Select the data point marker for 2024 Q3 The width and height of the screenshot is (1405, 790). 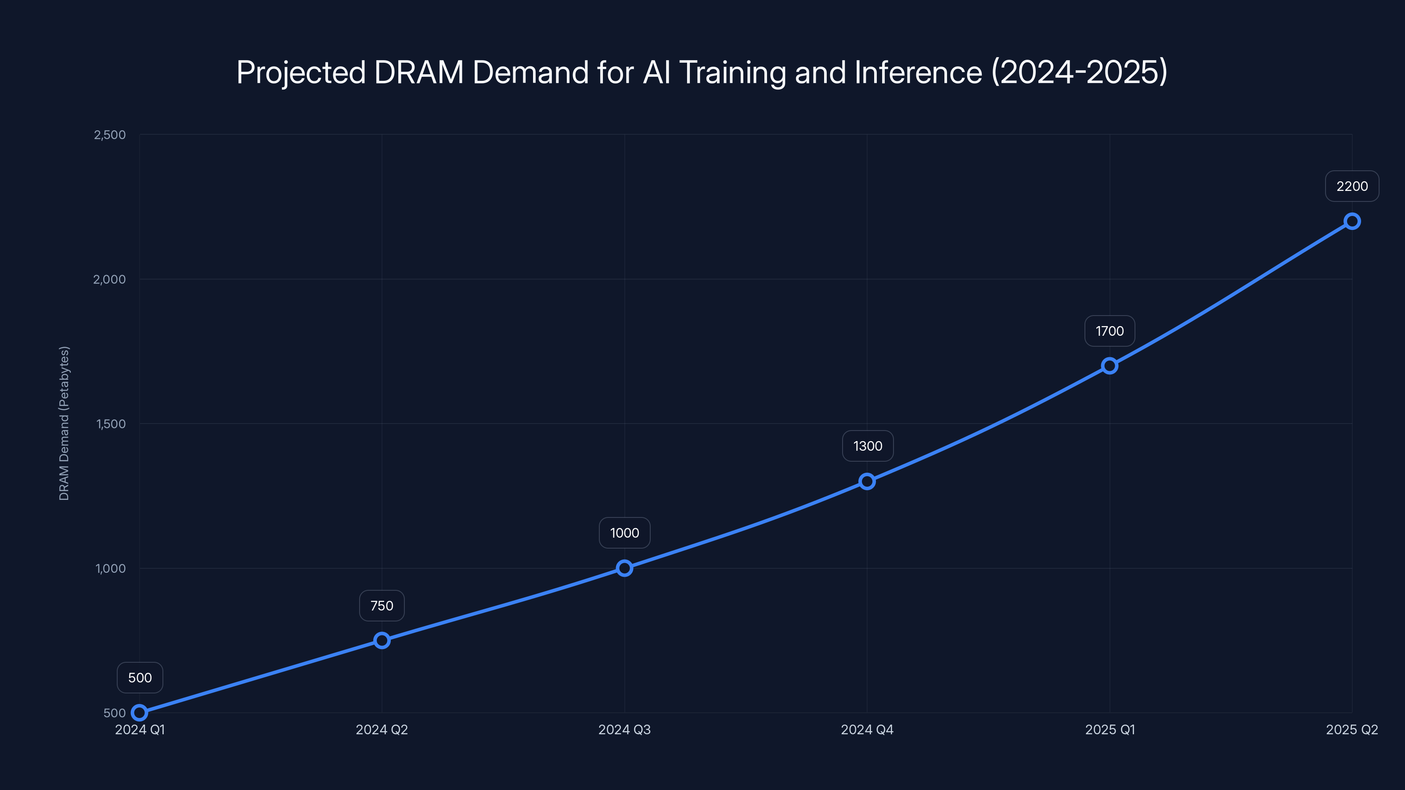click(x=624, y=568)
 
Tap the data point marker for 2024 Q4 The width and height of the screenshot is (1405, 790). click(x=867, y=481)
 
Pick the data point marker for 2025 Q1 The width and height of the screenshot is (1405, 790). click(x=1110, y=366)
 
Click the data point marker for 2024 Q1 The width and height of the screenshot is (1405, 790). click(x=140, y=713)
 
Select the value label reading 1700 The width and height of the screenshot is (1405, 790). click(x=1110, y=331)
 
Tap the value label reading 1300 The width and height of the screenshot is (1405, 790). click(x=867, y=446)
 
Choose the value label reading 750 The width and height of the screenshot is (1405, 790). click(x=382, y=606)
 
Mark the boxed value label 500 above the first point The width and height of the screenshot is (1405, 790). click(x=140, y=678)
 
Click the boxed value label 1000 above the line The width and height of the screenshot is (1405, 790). click(x=624, y=533)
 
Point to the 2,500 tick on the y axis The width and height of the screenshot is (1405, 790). click(x=110, y=135)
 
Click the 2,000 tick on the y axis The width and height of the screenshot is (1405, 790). click(x=110, y=279)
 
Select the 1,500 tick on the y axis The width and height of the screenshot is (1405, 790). click(x=111, y=424)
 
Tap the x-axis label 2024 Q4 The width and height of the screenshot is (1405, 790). click(x=867, y=729)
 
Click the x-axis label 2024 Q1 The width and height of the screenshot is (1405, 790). click(x=140, y=729)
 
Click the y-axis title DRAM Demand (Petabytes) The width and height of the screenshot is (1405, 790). click(x=64, y=423)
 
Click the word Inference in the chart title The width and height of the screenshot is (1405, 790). click(x=918, y=72)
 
